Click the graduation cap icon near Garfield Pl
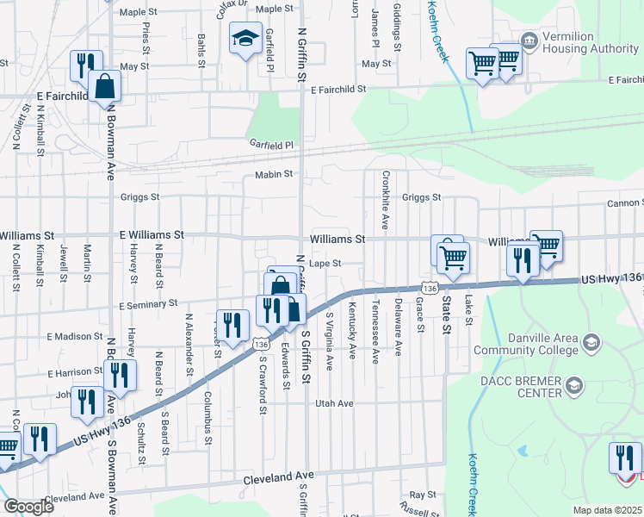[x=245, y=39]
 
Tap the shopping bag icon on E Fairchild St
[x=104, y=87]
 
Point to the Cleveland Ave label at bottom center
[x=279, y=476]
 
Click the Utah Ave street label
[x=335, y=403]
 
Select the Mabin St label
[x=275, y=175]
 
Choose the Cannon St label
[x=624, y=203]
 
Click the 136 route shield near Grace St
[x=430, y=286]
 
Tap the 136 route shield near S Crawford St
[x=260, y=344]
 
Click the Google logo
[x=29, y=506]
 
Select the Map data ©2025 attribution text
[x=608, y=510]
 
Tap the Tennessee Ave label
[x=375, y=333]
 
